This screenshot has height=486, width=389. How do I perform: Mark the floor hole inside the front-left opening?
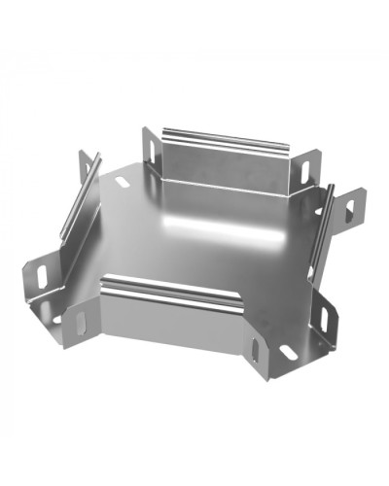[58, 317]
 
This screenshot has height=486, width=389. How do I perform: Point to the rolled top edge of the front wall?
[171, 287]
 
